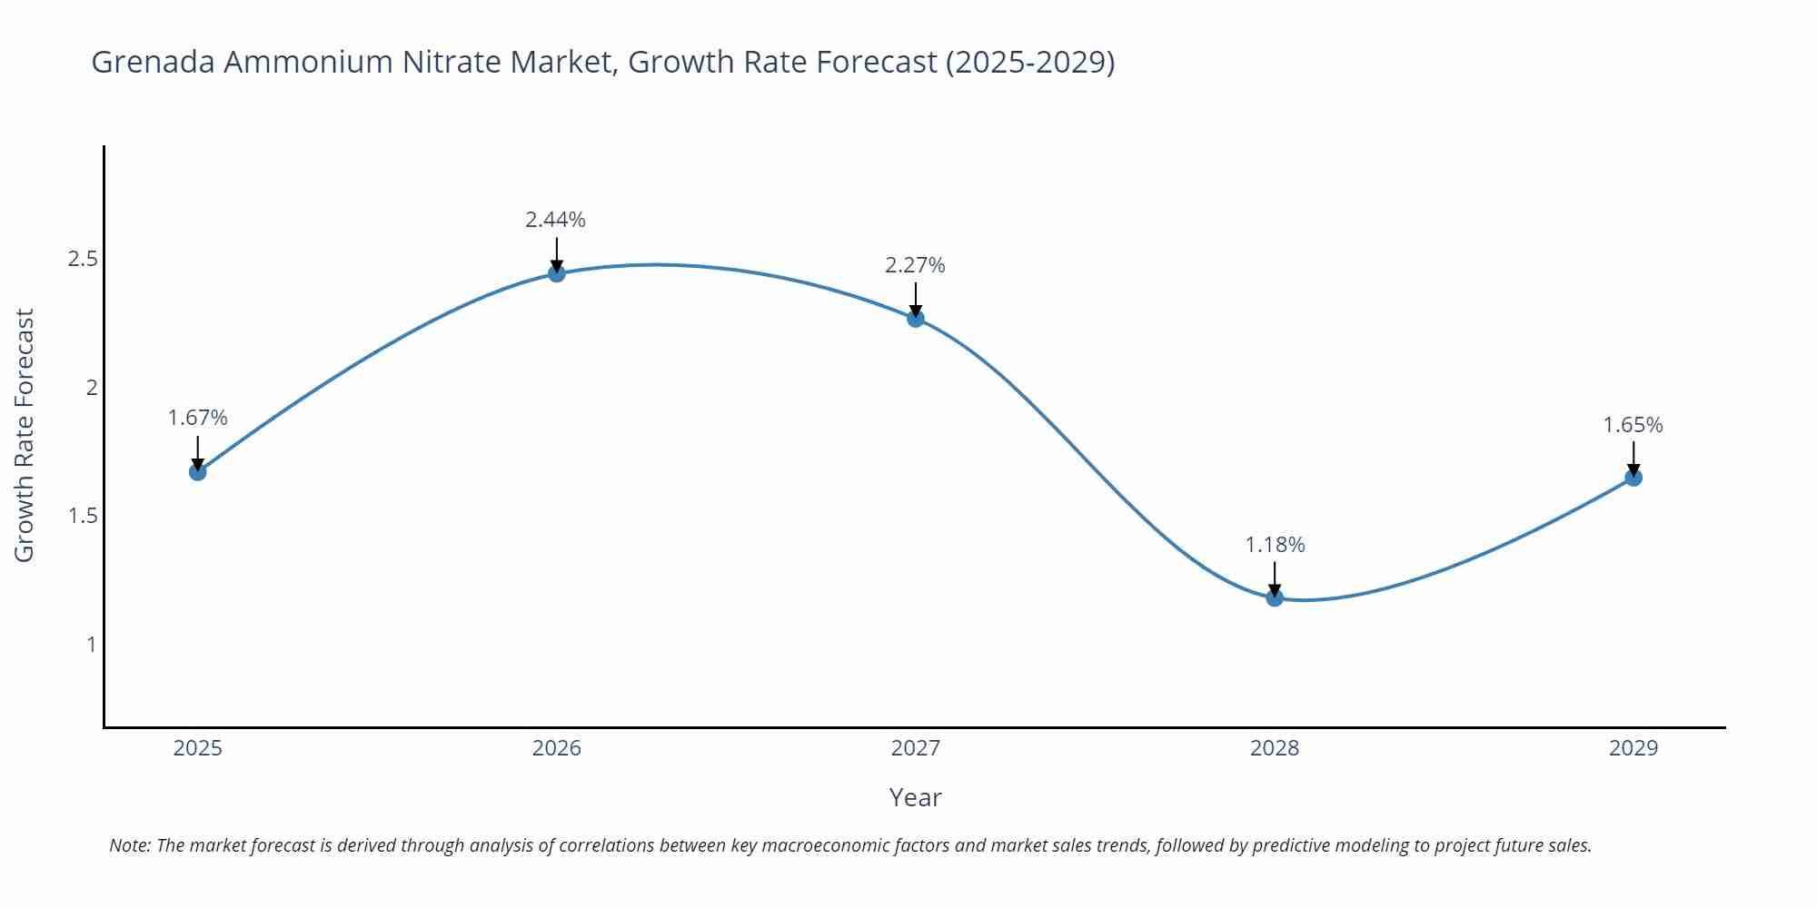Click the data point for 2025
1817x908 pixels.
(x=197, y=471)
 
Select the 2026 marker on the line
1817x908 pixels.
(x=557, y=273)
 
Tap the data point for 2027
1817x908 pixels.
(x=916, y=318)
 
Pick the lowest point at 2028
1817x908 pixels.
(x=1275, y=597)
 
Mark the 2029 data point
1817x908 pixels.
(x=1633, y=477)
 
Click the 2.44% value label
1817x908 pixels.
(x=555, y=220)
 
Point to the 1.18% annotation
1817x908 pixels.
(x=1275, y=545)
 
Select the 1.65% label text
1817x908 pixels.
(x=1633, y=425)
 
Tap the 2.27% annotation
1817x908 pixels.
(x=915, y=265)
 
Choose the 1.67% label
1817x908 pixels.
(x=197, y=418)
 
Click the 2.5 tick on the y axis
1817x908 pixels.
(x=83, y=260)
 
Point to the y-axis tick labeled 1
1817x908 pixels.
(x=91, y=645)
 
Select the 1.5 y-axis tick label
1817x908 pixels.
(x=83, y=517)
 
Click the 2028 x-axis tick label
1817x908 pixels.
(x=1275, y=748)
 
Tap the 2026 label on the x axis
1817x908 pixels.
(x=557, y=748)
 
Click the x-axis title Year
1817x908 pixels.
(x=915, y=797)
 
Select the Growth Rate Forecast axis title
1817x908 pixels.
(x=25, y=435)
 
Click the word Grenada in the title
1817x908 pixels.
(x=153, y=62)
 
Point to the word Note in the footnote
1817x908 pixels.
(x=129, y=845)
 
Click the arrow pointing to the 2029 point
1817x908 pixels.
(x=1633, y=458)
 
